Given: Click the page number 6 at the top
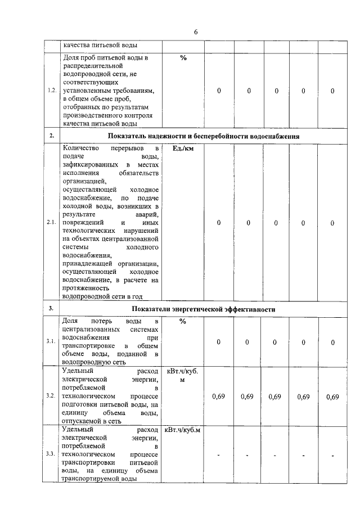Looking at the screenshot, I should tap(196, 32).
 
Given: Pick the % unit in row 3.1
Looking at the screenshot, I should tap(183, 321).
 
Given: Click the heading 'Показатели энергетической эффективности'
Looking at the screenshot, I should tap(204, 309).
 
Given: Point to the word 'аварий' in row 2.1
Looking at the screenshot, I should tap(147, 214).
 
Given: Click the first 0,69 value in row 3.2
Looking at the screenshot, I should tap(218, 397).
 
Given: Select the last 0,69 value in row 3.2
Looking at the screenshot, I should tap(332, 397).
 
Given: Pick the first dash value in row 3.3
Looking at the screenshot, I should tap(218, 454).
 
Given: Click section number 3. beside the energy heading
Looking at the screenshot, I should tap(51, 309).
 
